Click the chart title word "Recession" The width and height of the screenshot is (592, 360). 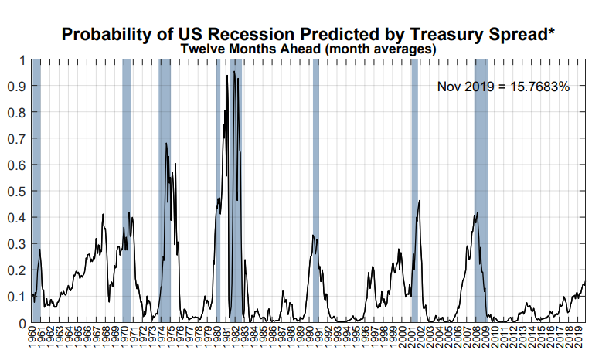(x=250, y=34)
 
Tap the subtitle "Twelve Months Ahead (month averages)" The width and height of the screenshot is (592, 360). (x=308, y=49)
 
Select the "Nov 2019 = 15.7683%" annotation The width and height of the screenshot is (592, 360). (x=503, y=87)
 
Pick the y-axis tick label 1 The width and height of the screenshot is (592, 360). (x=22, y=60)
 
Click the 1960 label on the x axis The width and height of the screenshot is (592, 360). (x=32, y=337)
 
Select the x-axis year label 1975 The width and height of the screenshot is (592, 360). (x=170, y=337)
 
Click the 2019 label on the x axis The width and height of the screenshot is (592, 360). (x=577, y=337)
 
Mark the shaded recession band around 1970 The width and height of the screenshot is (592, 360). (x=127, y=191)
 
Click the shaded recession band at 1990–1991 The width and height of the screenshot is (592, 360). (x=315, y=191)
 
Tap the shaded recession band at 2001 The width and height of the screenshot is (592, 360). (x=414, y=191)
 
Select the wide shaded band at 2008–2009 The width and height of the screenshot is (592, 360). (x=481, y=191)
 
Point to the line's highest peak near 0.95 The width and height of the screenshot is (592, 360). (x=234, y=71)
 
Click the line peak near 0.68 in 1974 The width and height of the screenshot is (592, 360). (x=165, y=144)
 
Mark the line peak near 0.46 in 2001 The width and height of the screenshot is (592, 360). (x=420, y=201)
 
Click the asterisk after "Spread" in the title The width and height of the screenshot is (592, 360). (x=552, y=30)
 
